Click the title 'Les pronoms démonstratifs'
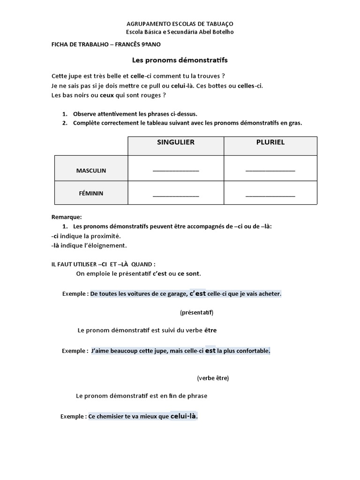click(x=180, y=60)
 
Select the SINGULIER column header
click(x=176, y=142)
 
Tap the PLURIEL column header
click(x=270, y=142)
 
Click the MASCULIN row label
click(x=91, y=171)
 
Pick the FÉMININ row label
click(x=91, y=193)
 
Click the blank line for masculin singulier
click(x=176, y=171)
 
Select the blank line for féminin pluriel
click(x=270, y=194)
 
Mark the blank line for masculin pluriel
click(x=270, y=171)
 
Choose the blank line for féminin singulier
click(x=176, y=194)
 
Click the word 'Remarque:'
click(x=66, y=217)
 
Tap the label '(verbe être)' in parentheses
click(x=213, y=378)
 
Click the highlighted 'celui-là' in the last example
click(x=184, y=416)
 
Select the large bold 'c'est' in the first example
click(x=197, y=294)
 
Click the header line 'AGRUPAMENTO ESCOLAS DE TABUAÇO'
click(x=180, y=23)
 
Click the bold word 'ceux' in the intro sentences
click(x=107, y=95)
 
